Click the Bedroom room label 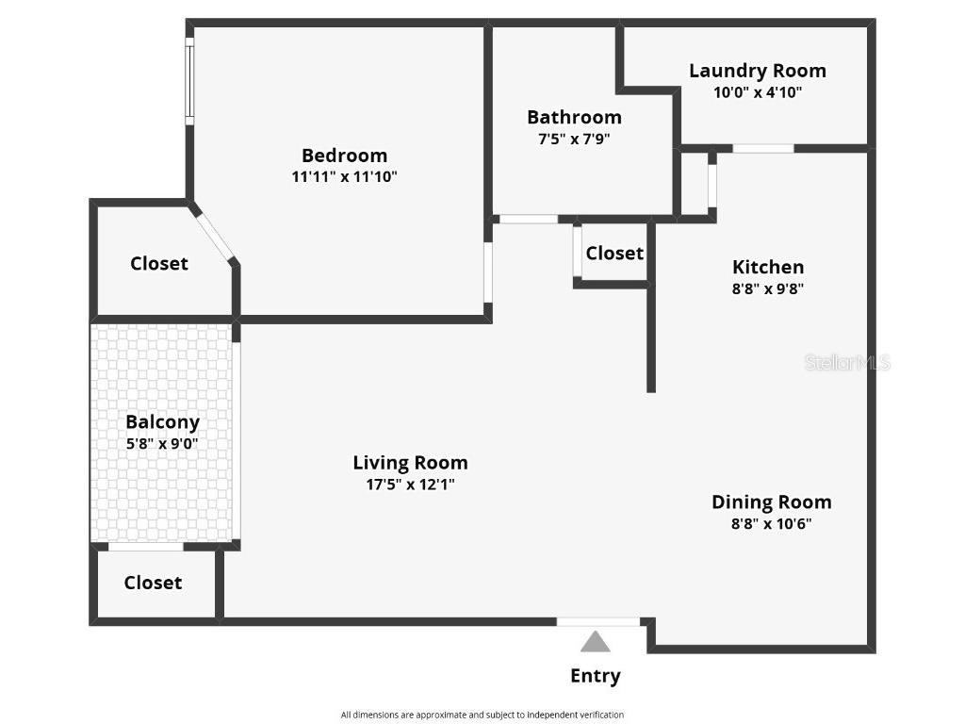click(344, 156)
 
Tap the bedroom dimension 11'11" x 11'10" click(344, 177)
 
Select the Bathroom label click(574, 117)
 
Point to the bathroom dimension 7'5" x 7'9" click(574, 139)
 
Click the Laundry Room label click(758, 71)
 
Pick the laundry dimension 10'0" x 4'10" click(758, 92)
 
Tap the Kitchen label click(768, 267)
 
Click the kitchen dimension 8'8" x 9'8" click(768, 289)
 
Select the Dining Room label click(771, 502)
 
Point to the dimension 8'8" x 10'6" click(771, 524)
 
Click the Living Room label click(410, 463)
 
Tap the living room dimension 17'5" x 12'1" click(410, 485)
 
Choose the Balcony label click(162, 422)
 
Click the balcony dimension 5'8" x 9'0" click(162, 443)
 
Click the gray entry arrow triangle click(595, 643)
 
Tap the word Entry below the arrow click(595, 676)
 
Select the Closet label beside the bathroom click(614, 253)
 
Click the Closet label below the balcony click(153, 583)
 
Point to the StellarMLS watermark click(846, 362)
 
